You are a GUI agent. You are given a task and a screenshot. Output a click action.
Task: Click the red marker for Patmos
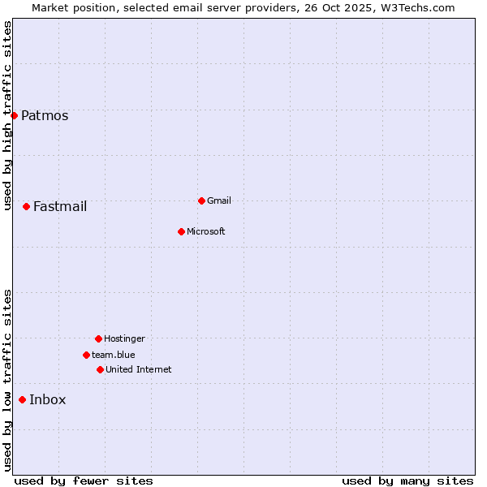point(14,115)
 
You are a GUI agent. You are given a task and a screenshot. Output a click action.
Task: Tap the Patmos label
point(45,115)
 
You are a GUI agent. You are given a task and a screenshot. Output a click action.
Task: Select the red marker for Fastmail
point(26,206)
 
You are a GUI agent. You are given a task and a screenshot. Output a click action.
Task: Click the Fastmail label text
point(60,206)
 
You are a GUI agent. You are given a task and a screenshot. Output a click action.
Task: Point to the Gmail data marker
point(201,200)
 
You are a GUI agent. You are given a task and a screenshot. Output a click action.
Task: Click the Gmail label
point(219,200)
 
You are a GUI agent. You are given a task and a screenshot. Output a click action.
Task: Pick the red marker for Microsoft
point(181,231)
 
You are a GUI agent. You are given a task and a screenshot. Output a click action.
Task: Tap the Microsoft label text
point(206,231)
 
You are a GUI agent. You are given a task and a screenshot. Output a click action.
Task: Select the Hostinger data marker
point(98,338)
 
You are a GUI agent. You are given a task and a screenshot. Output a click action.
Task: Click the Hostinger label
point(124,338)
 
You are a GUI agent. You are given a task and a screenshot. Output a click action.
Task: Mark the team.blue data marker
point(86,355)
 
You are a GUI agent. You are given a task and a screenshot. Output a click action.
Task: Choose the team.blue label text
point(114,355)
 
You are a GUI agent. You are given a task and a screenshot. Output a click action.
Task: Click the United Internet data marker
point(100,369)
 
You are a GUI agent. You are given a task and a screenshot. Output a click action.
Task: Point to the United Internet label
point(139,369)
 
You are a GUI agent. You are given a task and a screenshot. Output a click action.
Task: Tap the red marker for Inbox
point(22,399)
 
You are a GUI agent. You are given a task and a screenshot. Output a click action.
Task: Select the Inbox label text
point(48,399)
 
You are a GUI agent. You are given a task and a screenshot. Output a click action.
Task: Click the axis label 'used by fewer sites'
point(84,481)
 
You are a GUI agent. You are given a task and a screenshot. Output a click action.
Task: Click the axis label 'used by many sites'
point(407,481)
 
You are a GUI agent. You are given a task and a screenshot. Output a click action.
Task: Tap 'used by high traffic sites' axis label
point(8,115)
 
